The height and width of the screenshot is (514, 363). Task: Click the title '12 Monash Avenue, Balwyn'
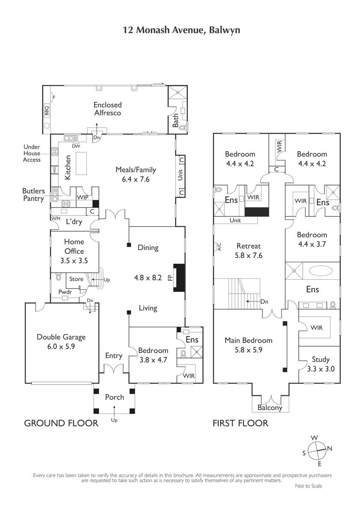(x=181, y=30)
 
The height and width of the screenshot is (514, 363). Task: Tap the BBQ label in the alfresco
(x=47, y=111)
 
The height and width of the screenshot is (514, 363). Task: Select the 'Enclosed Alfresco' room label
(x=107, y=109)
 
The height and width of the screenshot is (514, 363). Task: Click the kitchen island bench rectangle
(x=81, y=163)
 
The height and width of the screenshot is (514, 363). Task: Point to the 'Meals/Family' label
(x=136, y=170)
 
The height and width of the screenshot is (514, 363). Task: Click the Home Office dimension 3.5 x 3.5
(x=74, y=261)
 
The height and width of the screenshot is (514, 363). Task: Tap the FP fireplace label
(x=170, y=278)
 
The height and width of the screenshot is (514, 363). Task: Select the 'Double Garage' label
(x=61, y=337)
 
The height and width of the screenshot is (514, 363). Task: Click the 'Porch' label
(x=114, y=397)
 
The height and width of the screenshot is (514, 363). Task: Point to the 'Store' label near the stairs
(x=76, y=279)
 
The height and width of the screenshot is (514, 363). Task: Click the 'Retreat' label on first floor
(x=249, y=246)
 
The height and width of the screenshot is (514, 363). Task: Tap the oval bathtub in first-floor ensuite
(x=321, y=271)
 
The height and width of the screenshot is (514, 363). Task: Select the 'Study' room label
(x=321, y=359)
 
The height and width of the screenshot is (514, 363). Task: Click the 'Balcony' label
(x=270, y=407)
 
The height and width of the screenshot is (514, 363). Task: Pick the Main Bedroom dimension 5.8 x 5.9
(x=249, y=350)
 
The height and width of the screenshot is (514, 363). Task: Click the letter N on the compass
(x=330, y=448)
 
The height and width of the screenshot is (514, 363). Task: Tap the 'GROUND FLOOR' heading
(x=61, y=423)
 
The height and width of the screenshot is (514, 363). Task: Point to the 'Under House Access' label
(x=32, y=153)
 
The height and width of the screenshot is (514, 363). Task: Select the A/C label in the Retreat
(x=219, y=247)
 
